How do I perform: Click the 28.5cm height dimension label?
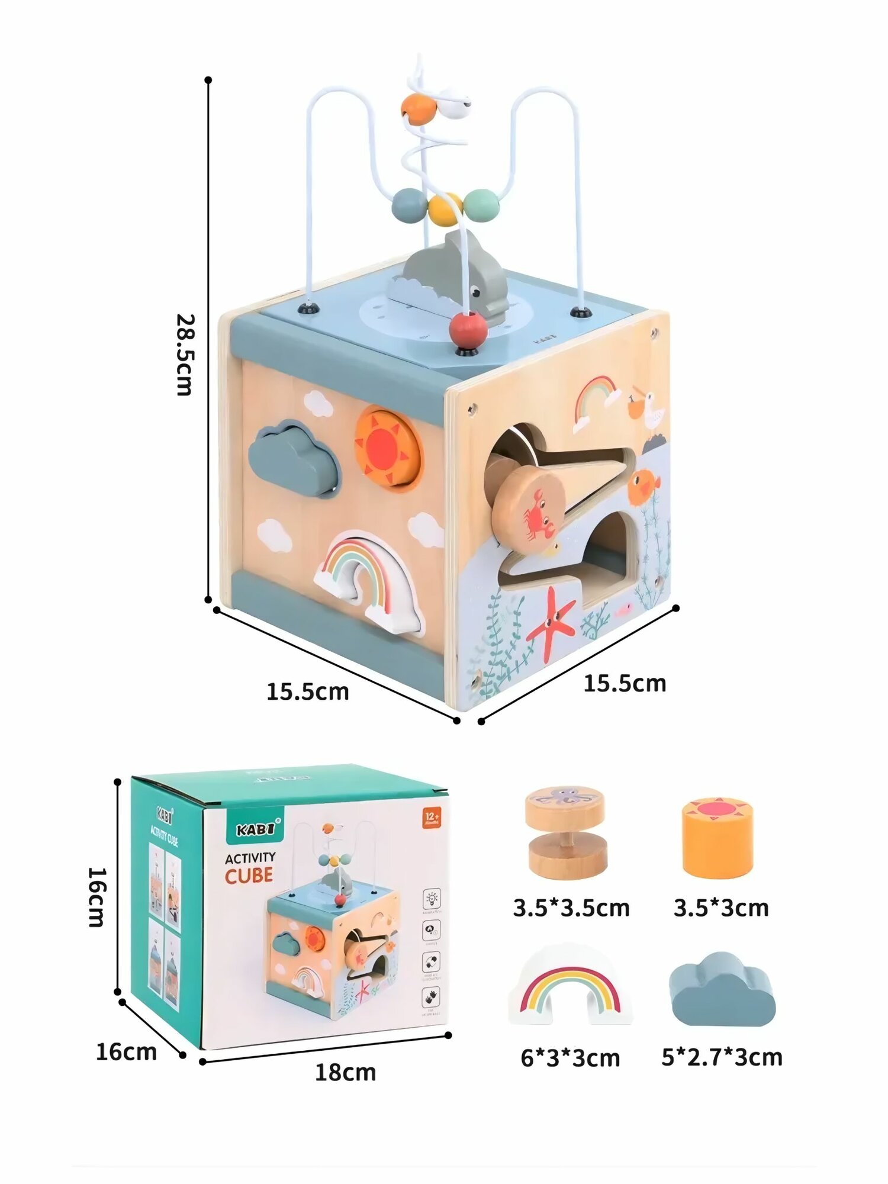coord(185,355)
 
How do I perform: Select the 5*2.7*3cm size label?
coord(722,1057)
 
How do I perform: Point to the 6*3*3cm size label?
coord(570,1058)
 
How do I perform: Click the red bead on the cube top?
coord(468,331)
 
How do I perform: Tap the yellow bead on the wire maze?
coord(445,209)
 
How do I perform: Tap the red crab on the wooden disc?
coord(538,510)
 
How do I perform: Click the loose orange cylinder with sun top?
coord(717,838)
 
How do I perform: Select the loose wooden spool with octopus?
coord(566,832)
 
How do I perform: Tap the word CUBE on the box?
coord(249,876)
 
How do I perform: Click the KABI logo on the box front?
coord(256,829)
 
